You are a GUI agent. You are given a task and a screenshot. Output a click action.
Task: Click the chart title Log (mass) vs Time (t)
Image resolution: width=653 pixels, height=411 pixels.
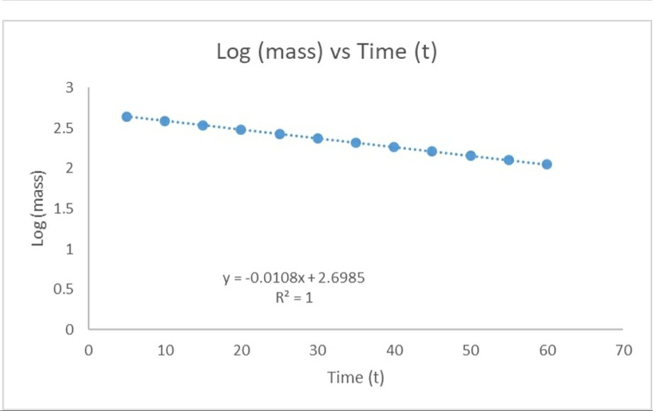326,53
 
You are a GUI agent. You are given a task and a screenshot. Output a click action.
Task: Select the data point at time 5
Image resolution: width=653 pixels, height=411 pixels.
127,116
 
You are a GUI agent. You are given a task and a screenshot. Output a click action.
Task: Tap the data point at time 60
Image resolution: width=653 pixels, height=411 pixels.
547,164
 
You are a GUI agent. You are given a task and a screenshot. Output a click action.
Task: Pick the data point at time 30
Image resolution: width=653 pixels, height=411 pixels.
318,138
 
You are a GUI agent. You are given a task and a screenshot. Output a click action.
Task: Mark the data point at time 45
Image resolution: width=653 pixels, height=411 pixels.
432,151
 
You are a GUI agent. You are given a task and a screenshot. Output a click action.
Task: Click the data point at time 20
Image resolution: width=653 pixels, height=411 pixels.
241,130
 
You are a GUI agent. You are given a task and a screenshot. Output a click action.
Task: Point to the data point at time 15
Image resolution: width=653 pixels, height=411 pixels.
203,125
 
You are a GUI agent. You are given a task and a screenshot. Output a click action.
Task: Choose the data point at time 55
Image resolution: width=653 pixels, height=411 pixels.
509,160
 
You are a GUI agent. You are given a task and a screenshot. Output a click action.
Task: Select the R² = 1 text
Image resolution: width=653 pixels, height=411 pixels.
294,297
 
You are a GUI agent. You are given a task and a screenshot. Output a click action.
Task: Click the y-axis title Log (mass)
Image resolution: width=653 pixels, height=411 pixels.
40,209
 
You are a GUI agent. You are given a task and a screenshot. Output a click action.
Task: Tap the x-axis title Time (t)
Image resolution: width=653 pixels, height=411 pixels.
356,377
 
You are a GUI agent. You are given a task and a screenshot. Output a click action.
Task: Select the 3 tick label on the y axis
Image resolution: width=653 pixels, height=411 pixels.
70,88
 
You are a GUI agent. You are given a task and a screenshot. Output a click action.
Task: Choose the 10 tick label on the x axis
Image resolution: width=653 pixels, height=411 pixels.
165,350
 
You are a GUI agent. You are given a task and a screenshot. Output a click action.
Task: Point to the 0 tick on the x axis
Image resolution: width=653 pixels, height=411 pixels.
89,350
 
